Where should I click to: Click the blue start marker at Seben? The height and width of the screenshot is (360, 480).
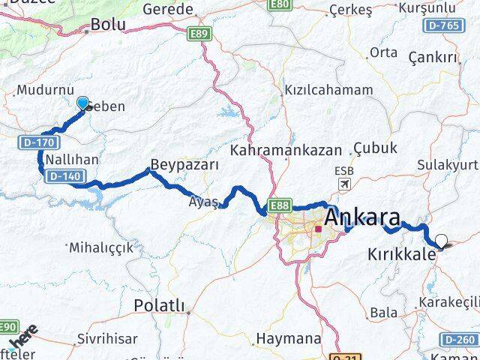pyautogui.click(x=82, y=103)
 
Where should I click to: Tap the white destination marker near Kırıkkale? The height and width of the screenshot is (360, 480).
pyautogui.click(x=441, y=241)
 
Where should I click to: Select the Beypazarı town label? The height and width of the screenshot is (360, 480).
pyautogui.click(x=184, y=163)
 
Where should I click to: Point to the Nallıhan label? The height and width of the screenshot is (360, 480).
pyautogui.click(x=70, y=160)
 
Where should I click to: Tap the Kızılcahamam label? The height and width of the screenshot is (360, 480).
pyautogui.click(x=328, y=90)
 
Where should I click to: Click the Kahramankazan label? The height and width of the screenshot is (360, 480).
pyautogui.click(x=286, y=150)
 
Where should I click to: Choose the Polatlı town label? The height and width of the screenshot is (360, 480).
pyautogui.click(x=157, y=304)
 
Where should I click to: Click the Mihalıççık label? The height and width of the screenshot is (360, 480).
pyautogui.click(x=100, y=246)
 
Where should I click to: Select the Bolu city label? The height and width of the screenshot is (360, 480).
pyautogui.click(x=107, y=25)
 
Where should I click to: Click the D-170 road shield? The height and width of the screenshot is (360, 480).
pyautogui.click(x=29, y=140)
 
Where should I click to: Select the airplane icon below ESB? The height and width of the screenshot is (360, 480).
pyautogui.click(x=344, y=184)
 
